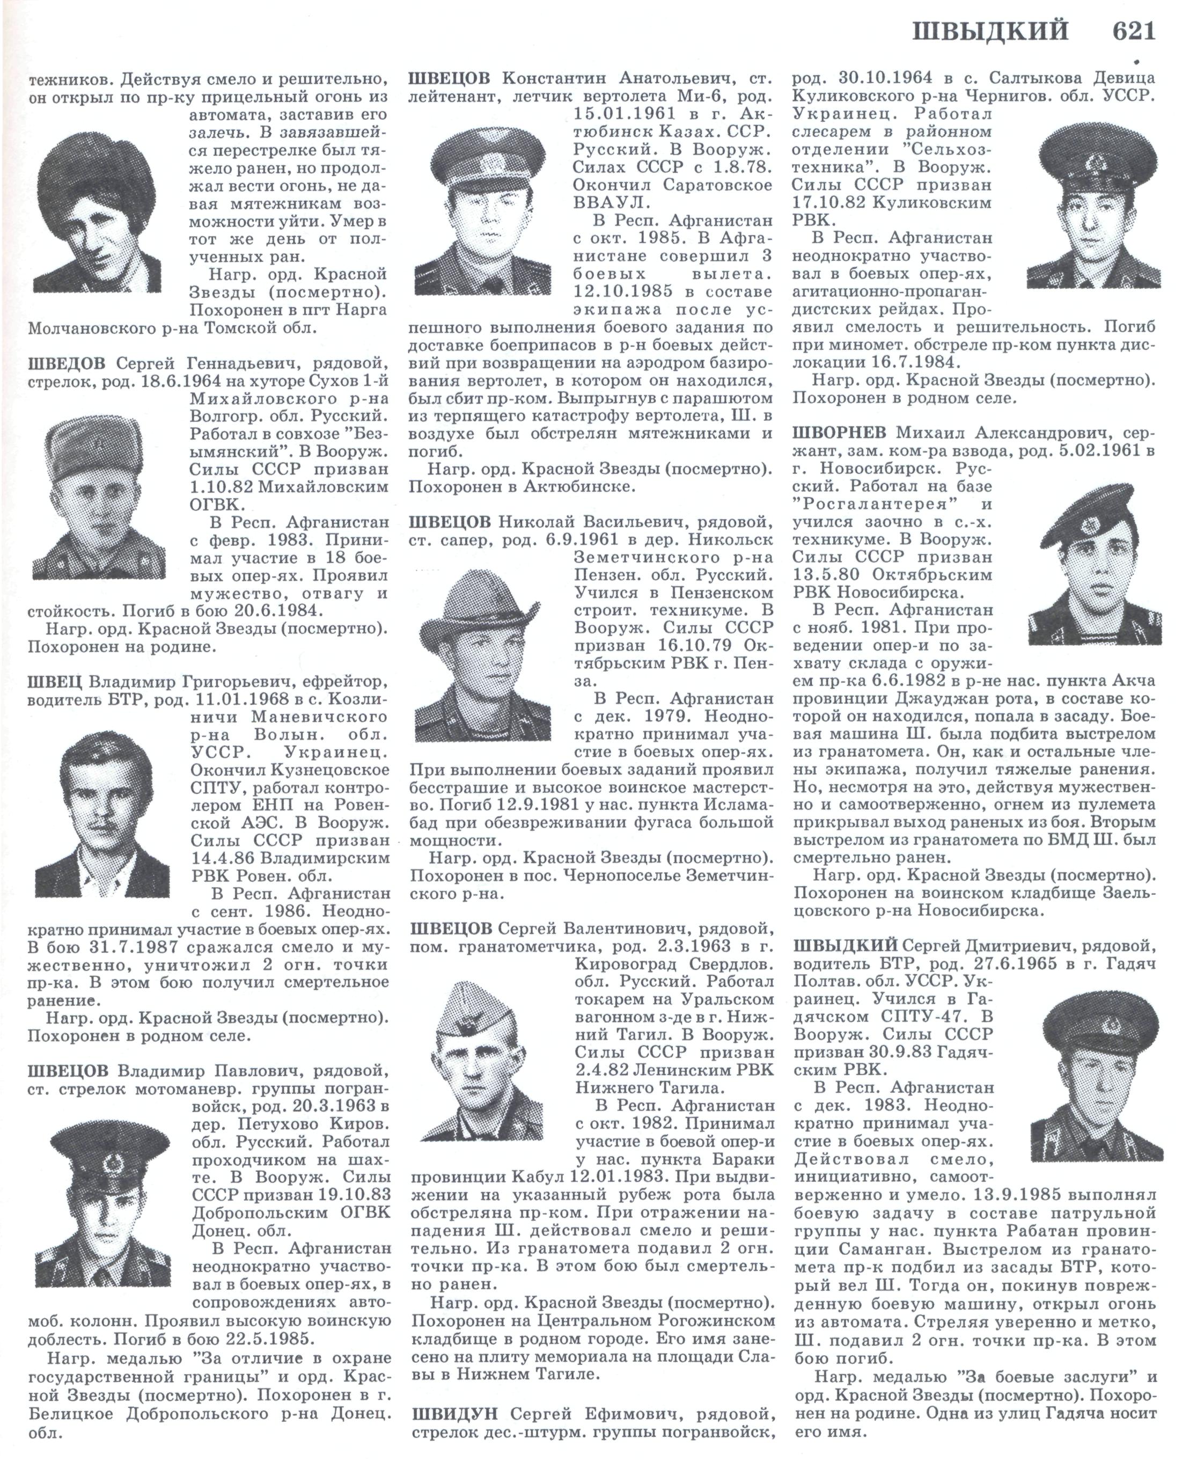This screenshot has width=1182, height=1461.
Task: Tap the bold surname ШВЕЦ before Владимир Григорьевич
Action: click(56, 682)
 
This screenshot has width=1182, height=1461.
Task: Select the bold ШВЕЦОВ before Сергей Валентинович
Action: click(450, 929)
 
